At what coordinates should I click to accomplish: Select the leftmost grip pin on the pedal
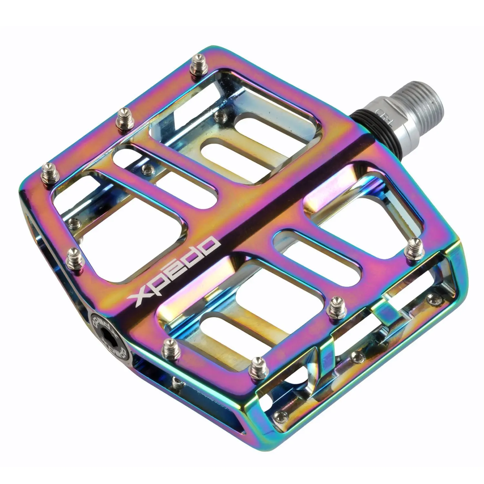47,171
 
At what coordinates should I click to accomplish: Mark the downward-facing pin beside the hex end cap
176,383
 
